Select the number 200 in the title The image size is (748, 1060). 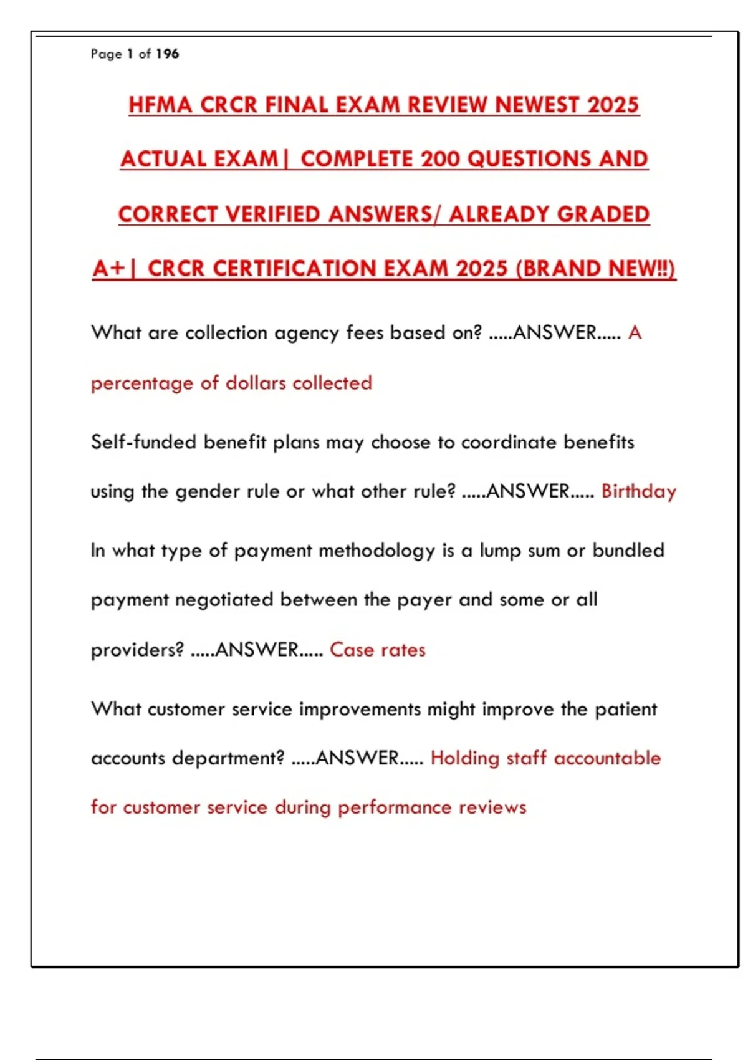(x=441, y=159)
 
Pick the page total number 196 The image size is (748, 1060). (x=167, y=54)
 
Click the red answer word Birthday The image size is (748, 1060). (x=638, y=491)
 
